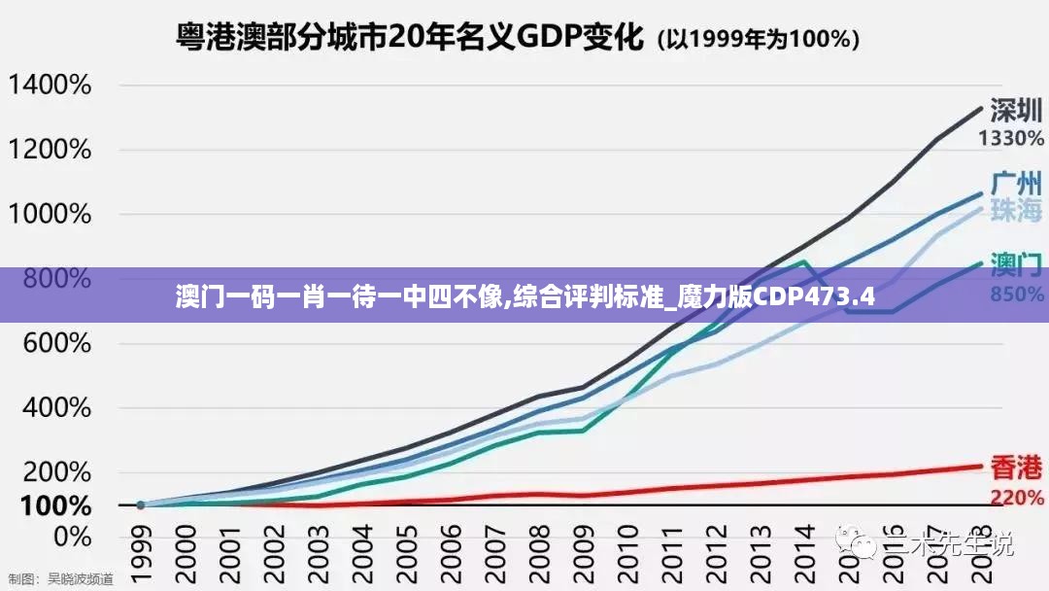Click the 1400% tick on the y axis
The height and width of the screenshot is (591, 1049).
point(50,86)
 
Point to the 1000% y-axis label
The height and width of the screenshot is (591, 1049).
point(50,215)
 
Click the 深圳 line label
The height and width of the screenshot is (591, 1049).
point(1016,110)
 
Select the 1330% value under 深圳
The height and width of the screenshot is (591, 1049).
point(1010,138)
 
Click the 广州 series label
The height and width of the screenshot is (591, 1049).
point(1016,183)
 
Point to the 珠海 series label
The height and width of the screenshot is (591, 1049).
point(1016,210)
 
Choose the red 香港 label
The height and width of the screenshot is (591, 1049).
point(1016,469)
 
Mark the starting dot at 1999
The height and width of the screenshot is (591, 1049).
point(141,505)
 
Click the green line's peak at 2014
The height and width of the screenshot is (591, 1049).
point(803,261)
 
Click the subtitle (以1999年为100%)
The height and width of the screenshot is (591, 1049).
point(759,40)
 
